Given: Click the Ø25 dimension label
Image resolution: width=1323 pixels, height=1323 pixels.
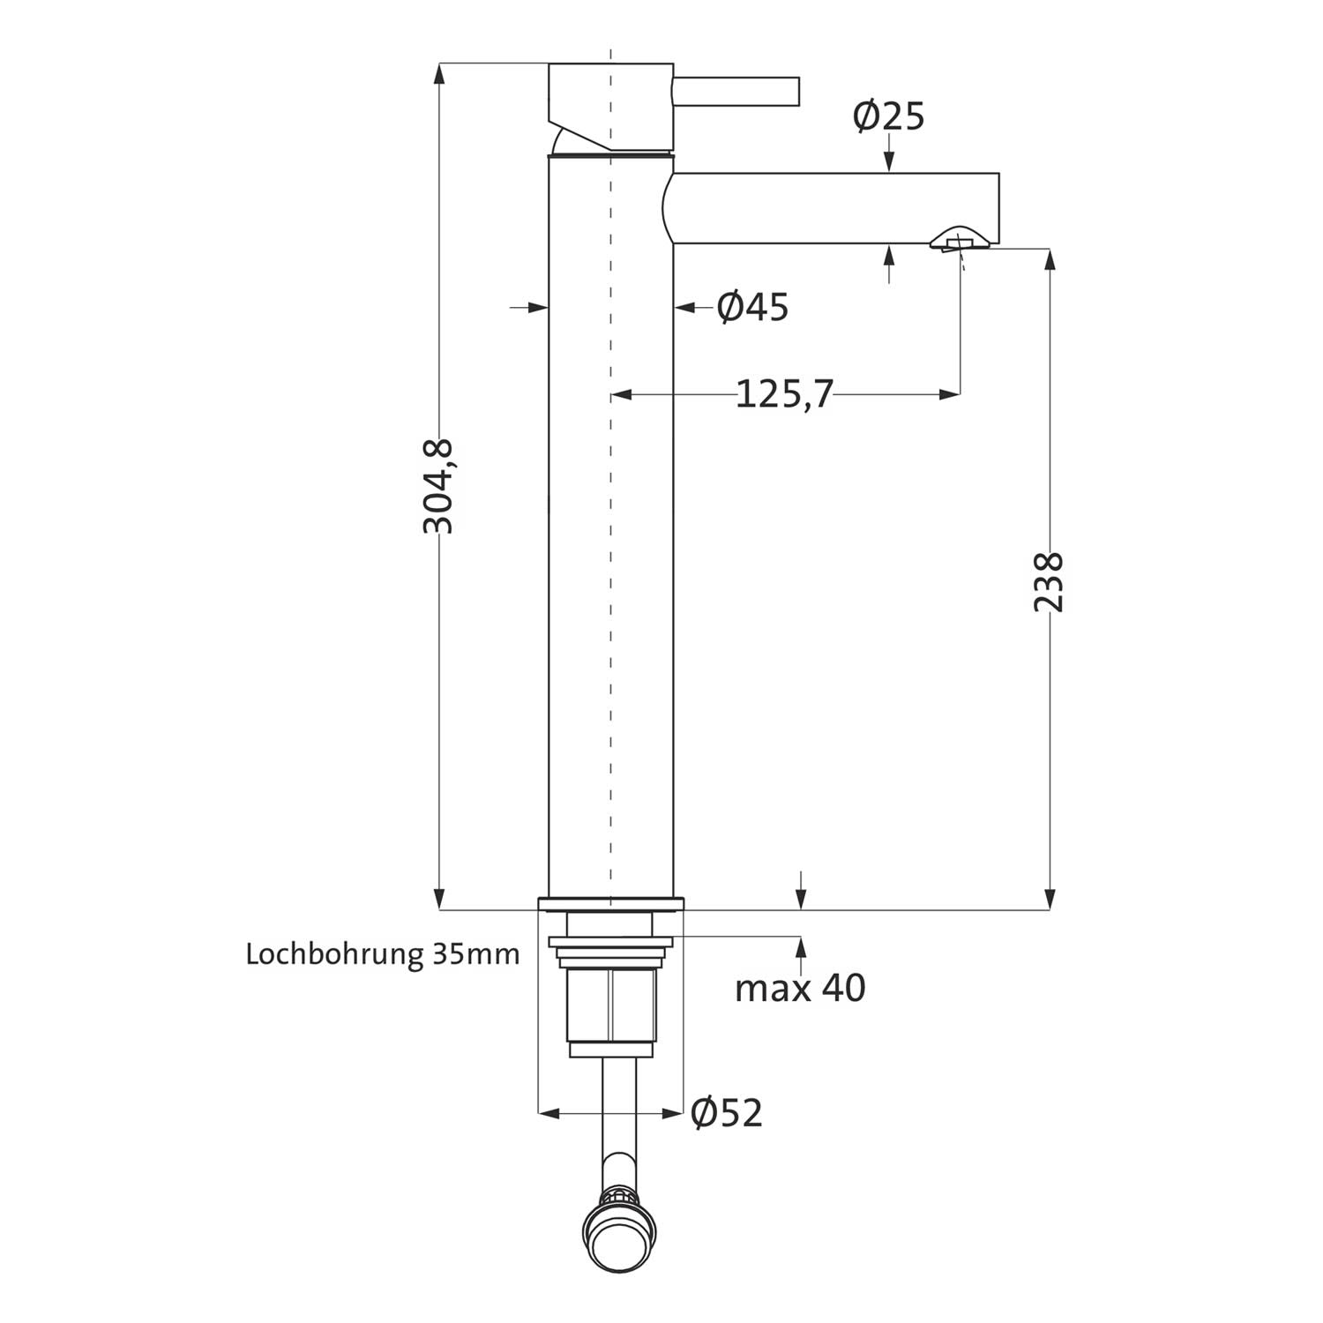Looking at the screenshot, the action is (x=888, y=116).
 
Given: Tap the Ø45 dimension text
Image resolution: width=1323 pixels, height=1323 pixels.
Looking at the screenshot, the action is (x=752, y=307).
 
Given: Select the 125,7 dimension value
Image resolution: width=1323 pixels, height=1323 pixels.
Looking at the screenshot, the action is (x=784, y=394).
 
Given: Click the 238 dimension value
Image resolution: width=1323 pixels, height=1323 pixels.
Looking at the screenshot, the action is (x=1050, y=582).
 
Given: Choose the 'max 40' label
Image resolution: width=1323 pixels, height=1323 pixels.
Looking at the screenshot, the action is (x=800, y=988).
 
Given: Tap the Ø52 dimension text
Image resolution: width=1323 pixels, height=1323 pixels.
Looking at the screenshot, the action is (x=727, y=1113).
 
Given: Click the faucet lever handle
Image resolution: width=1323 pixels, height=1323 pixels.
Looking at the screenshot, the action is (x=736, y=91).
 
